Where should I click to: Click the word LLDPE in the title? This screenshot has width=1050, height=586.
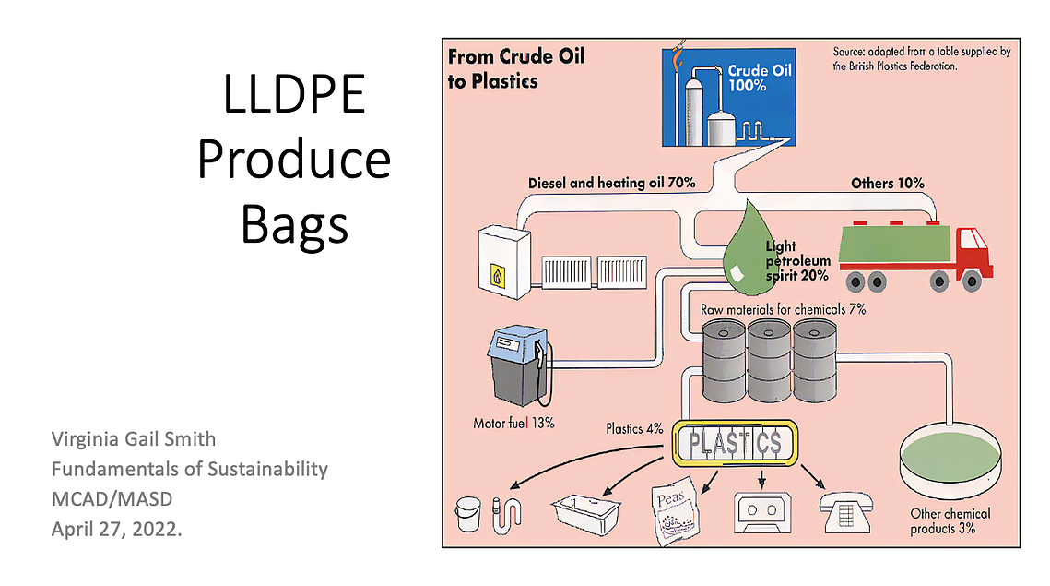[294, 94]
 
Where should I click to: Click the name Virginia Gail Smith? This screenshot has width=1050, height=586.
[134, 439]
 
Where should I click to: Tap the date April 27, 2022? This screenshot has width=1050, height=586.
[116, 530]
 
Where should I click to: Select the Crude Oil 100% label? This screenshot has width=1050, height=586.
[760, 78]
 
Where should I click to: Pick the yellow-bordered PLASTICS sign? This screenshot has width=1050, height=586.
[735, 443]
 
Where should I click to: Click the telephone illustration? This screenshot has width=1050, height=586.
[845, 513]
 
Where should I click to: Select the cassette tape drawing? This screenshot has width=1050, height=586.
[762, 513]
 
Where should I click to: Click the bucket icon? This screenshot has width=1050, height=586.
[468, 514]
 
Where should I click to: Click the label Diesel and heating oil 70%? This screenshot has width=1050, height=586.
[611, 183]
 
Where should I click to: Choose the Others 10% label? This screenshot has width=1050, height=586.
[887, 183]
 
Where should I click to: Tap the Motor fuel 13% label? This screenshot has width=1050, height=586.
[513, 423]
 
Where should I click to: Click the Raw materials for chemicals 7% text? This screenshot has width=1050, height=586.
[783, 309]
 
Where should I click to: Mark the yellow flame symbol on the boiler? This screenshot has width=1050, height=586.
[498, 276]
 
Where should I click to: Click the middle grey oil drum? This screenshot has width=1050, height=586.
[769, 361]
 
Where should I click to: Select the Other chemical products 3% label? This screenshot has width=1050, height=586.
[950, 521]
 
